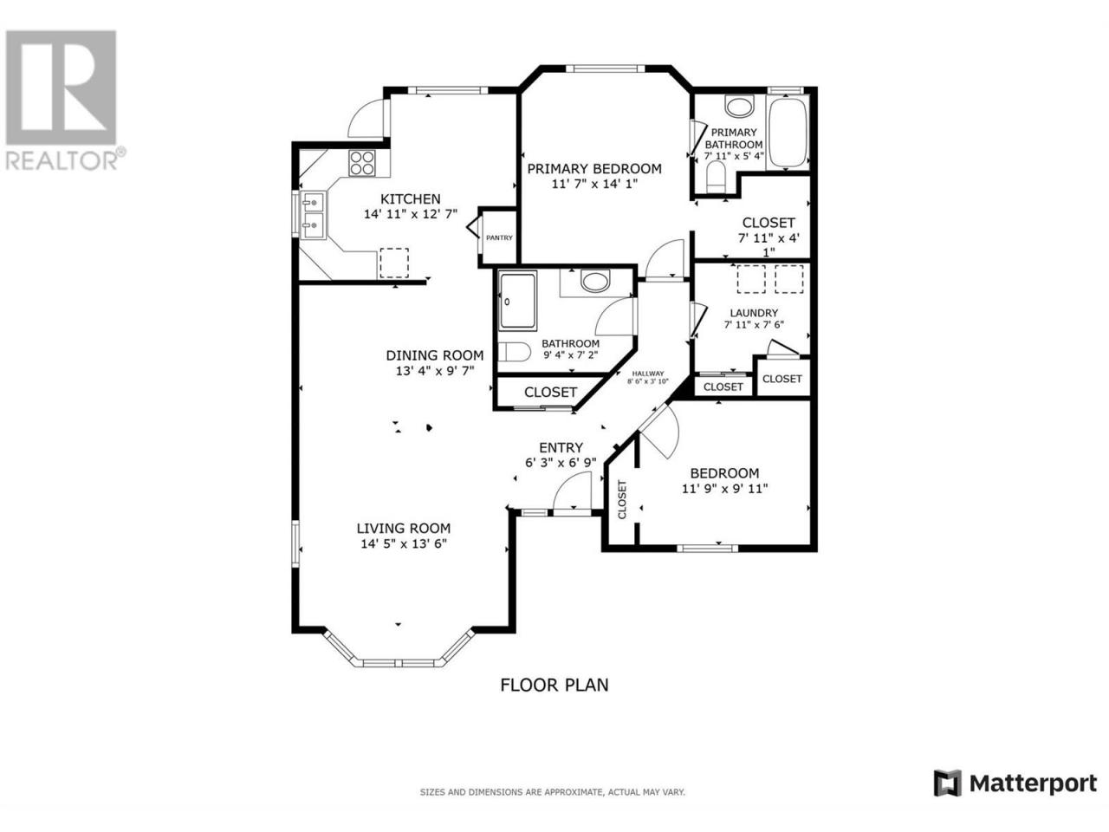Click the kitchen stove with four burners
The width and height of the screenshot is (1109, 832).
[x=361, y=163]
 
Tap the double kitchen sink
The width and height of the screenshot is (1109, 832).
[x=314, y=215]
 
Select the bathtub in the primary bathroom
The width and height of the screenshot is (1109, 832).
[x=787, y=133]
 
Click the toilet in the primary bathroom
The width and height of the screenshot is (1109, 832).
[x=716, y=177]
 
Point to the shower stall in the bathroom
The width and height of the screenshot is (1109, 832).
[x=517, y=302]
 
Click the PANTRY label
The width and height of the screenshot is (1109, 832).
[x=499, y=237]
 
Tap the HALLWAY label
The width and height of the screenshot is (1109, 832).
[x=648, y=374]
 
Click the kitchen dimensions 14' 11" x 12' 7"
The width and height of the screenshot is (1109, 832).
[x=411, y=214]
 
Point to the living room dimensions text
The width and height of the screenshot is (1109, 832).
[x=404, y=543]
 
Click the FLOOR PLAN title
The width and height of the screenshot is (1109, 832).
[x=554, y=685]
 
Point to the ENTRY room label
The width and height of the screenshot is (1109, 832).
[x=561, y=447]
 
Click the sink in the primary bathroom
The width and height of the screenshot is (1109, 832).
[x=739, y=106]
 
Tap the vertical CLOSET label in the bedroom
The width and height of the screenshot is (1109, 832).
[x=622, y=499]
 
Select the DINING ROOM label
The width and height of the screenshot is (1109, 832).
[x=435, y=355]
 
